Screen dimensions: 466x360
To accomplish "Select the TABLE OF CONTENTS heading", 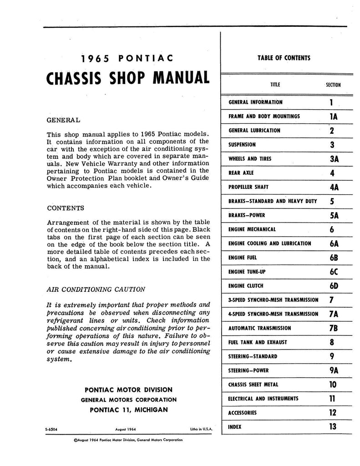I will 284,58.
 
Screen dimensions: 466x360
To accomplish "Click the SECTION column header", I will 333,85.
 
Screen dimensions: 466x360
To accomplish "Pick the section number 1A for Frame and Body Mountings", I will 333,116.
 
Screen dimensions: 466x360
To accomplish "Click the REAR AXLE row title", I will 241,173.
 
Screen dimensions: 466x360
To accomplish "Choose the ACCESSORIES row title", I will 243,413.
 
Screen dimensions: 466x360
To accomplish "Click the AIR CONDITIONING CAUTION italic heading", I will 96,289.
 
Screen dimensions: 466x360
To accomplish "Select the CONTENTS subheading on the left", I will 66,208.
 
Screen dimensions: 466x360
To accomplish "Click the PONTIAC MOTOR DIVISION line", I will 128,390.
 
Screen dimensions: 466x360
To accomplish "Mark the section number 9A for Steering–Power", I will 333,370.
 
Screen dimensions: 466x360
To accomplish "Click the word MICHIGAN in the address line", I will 148,410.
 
